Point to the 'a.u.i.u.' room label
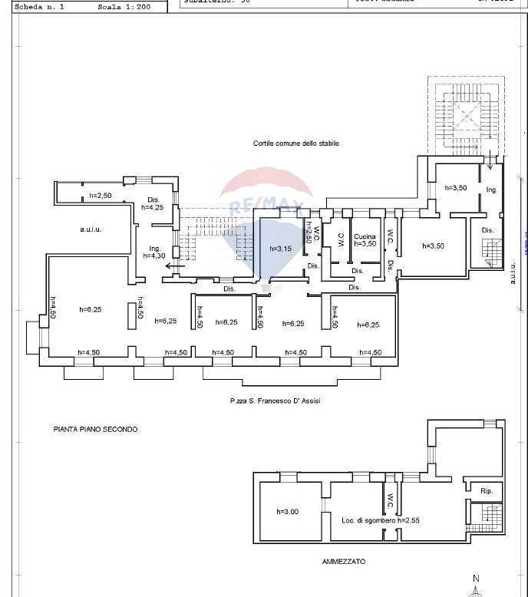coord(91,229)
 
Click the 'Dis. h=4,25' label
coord(153,203)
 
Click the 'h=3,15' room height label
coord(282,249)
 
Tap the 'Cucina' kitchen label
coord(365,237)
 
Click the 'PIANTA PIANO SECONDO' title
coord(96,430)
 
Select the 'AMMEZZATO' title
coord(344,562)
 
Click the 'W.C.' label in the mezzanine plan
coord(389,501)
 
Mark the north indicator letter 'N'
coord(476,579)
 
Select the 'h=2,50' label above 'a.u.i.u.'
coord(101,196)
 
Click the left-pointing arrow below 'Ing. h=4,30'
coord(173,268)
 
